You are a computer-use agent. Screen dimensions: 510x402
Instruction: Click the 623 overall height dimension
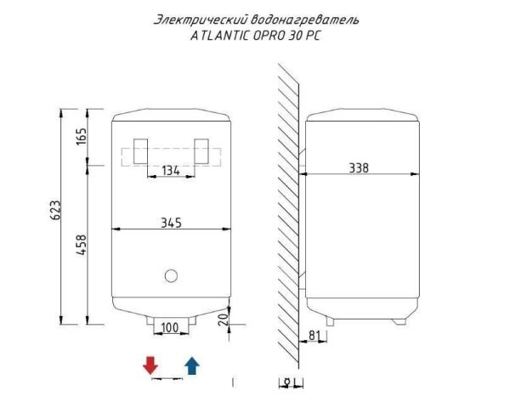pos(55,210)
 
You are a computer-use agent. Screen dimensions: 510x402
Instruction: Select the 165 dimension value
pos(82,137)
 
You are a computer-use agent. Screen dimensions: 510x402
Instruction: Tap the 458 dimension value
pos(82,245)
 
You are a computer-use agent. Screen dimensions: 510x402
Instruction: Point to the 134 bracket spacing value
pos(171,171)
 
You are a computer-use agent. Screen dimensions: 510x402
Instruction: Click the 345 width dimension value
pos(171,223)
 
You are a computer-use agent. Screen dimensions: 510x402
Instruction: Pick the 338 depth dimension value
pos(359,168)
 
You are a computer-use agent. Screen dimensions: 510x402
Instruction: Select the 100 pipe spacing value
pos(170,327)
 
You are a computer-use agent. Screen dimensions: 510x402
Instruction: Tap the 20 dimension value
pos(224,320)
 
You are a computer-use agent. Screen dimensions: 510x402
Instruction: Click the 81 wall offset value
pos(313,335)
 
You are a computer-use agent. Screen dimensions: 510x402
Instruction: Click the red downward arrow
pos(150,365)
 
